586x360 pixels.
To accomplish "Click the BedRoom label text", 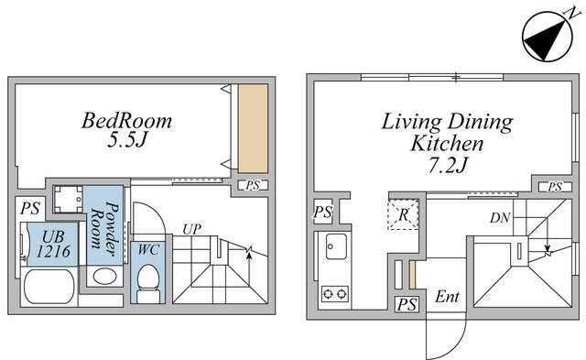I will [x=126, y=120].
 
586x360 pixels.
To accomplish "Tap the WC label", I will [x=147, y=249].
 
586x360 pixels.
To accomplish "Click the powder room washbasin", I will [x=103, y=277].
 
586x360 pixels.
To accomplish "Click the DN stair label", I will [x=499, y=218].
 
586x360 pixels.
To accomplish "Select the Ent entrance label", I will [x=447, y=297].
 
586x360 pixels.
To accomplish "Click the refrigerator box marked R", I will [x=403, y=214].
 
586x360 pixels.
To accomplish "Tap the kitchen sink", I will [x=335, y=246].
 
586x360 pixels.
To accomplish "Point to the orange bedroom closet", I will [x=253, y=128].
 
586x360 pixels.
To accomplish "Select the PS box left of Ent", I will [x=407, y=304].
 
